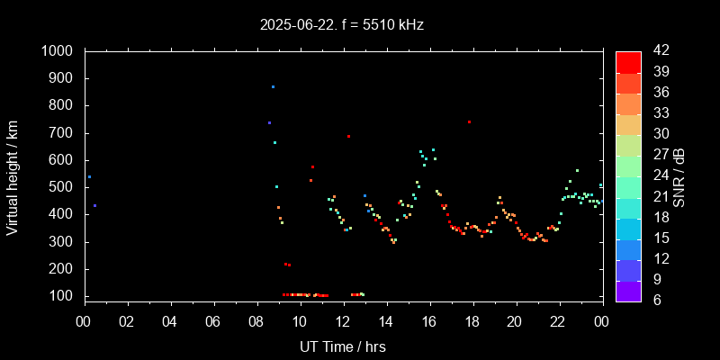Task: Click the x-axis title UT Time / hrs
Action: [342, 346]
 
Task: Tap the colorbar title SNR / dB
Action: [679, 175]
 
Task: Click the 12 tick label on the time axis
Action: [343, 321]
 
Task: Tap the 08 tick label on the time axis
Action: [256, 321]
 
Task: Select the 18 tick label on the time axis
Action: [472, 321]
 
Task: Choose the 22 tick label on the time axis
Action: [558, 321]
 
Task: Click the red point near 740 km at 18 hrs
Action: [469, 121]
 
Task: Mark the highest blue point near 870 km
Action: [273, 87]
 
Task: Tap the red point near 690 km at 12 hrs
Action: [348, 137]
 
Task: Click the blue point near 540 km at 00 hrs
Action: [89, 177]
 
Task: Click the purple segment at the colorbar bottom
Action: [628, 291]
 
